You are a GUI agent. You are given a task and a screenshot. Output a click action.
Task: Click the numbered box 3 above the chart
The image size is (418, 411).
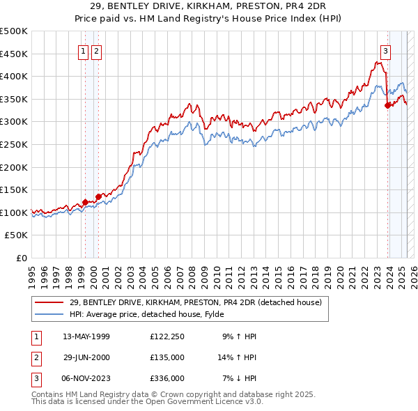pyautogui.click(x=385, y=49)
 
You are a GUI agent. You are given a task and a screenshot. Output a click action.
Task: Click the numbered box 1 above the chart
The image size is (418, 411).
pyautogui.click(x=84, y=49)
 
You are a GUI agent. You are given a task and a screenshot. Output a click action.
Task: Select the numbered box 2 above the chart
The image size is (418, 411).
pyautogui.click(x=96, y=49)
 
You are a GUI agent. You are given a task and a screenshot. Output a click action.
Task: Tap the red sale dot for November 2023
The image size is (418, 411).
pyautogui.click(x=387, y=106)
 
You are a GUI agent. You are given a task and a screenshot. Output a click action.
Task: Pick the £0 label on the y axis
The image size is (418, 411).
pyautogui.click(x=21, y=258)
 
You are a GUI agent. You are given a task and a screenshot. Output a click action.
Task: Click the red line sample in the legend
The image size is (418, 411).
pyautogui.click(x=49, y=302)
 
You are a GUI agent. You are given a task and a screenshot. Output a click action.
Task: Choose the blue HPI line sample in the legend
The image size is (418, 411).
pyautogui.click(x=49, y=314)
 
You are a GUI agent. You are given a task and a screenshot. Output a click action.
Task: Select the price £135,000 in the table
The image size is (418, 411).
pyautogui.click(x=167, y=357)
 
